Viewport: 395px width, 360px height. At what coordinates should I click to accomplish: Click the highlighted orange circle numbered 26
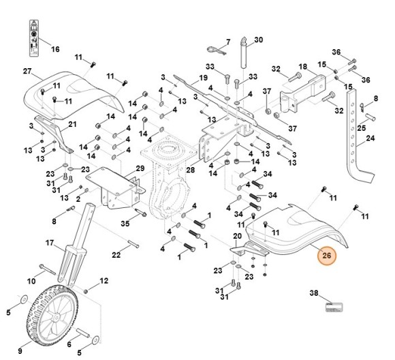click(x=327, y=256)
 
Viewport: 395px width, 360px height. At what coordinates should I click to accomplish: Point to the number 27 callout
click(x=28, y=72)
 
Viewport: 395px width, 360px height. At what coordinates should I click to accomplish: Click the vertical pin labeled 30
click(x=243, y=54)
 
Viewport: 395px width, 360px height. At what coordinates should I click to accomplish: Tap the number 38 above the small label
click(x=314, y=293)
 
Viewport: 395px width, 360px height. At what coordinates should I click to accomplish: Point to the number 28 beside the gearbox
click(x=191, y=169)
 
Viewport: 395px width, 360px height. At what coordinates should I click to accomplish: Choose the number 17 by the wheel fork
click(x=50, y=243)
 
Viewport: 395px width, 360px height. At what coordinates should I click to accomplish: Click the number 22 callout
click(x=116, y=255)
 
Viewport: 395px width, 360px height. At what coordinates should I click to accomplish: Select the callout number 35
click(x=125, y=223)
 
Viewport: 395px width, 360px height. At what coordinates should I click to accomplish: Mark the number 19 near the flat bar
click(x=203, y=78)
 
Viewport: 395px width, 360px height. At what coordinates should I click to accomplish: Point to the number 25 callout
click(x=362, y=127)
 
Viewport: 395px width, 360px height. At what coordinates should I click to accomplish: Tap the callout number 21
click(x=72, y=123)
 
